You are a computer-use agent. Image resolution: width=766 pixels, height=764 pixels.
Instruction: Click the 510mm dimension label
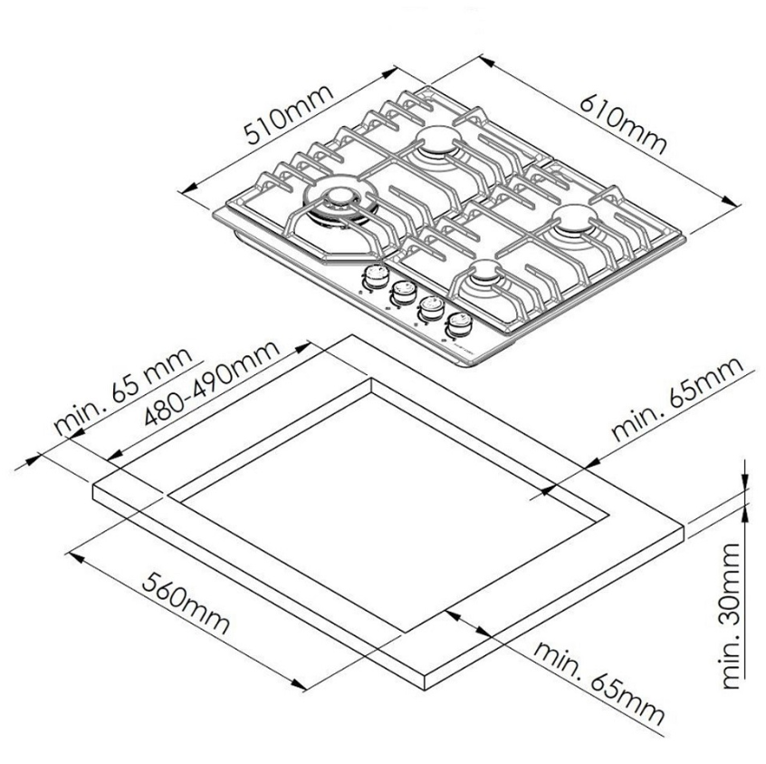click(289, 115)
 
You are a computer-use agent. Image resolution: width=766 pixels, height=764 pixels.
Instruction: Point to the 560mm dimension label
click(186, 603)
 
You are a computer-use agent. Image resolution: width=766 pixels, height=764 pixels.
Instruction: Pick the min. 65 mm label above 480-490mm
click(123, 391)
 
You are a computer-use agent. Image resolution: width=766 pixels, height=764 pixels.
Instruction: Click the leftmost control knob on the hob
click(374, 276)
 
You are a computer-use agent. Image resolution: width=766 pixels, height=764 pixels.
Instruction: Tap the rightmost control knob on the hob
click(459, 324)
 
